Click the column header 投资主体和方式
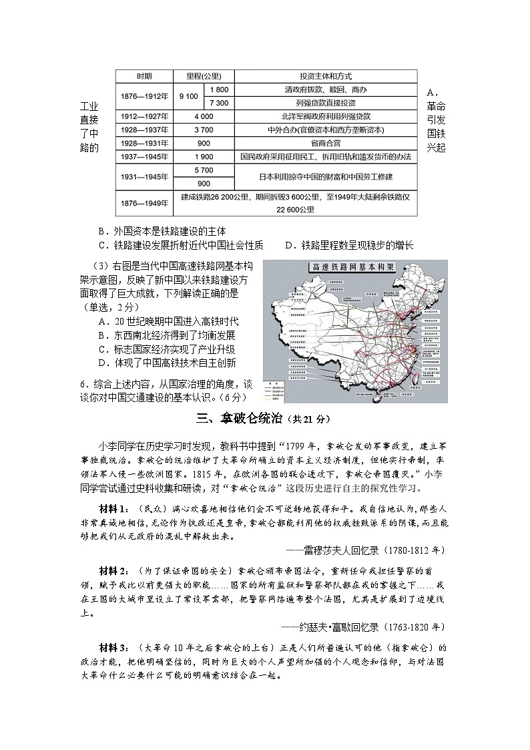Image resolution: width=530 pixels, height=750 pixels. point(326,75)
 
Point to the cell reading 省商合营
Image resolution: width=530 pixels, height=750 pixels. point(326,143)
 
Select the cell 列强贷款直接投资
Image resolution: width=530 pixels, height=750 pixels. point(326,103)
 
